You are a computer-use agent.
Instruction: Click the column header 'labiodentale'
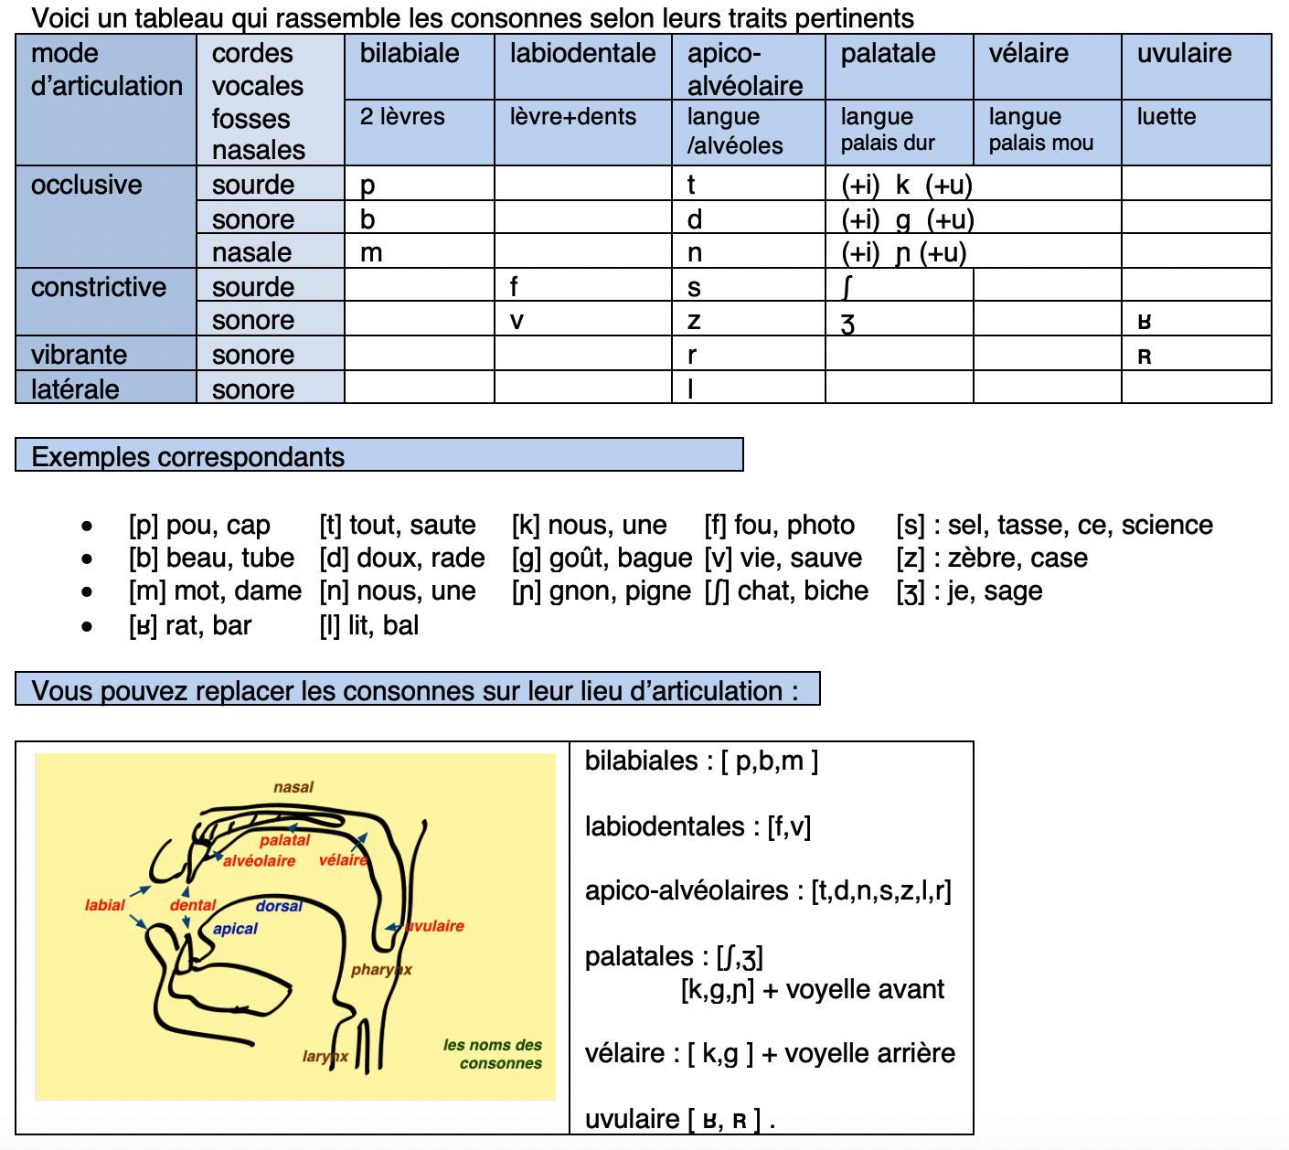point(582,54)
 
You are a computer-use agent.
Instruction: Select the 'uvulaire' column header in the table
point(1184,54)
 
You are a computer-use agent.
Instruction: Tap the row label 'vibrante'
point(79,355)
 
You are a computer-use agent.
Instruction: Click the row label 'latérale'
point(75,389)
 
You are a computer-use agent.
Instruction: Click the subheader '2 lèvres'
point(402,117)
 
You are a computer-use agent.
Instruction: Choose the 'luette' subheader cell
point(1166,117)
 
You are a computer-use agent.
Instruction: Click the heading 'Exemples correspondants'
point(188,457)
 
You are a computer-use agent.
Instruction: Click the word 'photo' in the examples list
point(820,525)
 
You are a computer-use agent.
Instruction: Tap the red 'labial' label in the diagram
point(104,905)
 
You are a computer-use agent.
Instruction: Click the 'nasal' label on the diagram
point(293,787)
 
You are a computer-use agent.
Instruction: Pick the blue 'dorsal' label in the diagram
point(279,906)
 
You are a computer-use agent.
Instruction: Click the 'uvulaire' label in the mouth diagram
point(434,926)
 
